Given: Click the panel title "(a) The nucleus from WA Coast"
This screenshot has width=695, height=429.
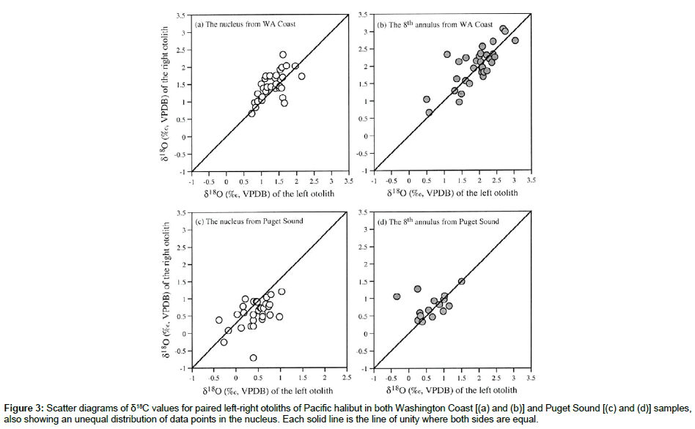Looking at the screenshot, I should click(x=245, y=24).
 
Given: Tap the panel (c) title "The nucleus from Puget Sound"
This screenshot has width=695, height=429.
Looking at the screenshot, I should click(x=246, y=222).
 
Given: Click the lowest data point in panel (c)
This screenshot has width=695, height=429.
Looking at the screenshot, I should click(x=253, y=357).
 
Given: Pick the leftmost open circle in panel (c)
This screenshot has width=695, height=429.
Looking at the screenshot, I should click(x=218, y=320).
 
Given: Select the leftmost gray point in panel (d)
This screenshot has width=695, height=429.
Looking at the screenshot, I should click(x=397, y=296).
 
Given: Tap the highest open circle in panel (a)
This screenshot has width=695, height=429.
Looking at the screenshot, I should click(x=283, y=55).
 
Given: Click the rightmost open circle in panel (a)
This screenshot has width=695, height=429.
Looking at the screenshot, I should click(x=301, y=76).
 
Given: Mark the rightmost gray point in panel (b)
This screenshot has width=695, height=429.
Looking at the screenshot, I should click(x=515, y=41).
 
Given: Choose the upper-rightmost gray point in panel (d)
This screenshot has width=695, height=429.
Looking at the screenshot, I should click(x=461, y=281).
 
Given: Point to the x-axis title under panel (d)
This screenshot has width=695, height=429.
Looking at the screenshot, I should click(x=453, y=390).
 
